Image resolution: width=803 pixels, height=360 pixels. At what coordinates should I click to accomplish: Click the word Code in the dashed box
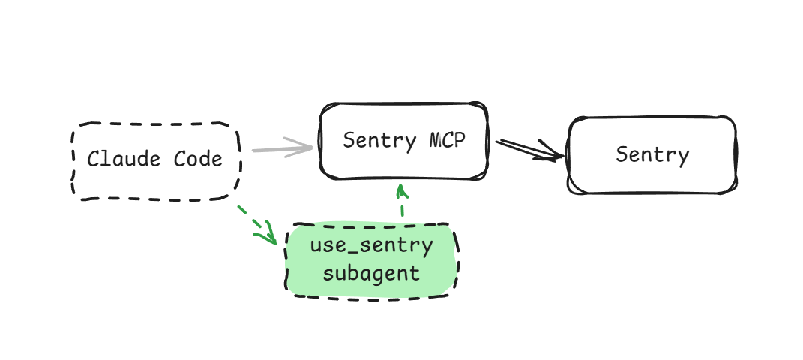(x=198, y=160)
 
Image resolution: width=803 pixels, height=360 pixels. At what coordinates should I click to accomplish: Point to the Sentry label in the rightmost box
(x=652, y=155)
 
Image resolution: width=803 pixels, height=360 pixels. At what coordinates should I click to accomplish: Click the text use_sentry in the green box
(x=371, y=245)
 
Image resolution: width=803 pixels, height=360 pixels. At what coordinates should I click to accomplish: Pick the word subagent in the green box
(x=371, y=272)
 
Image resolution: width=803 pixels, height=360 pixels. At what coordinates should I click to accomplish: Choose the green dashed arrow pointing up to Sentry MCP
(x=402, y=201)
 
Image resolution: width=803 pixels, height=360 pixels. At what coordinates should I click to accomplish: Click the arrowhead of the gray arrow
(x=304, y=148)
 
